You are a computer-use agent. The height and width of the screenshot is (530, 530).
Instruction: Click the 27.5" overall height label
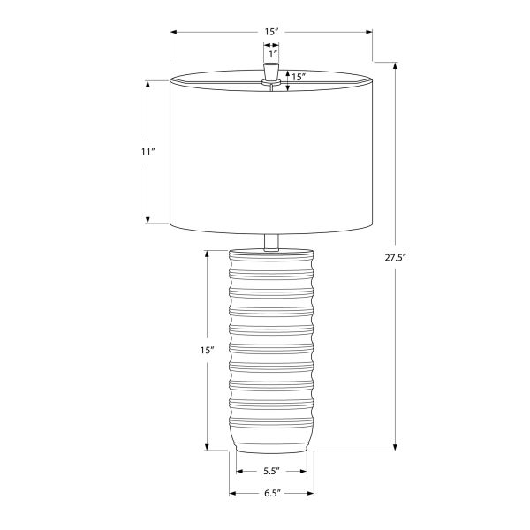(395, 258)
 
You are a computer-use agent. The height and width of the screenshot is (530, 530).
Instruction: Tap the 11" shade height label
(148, 152)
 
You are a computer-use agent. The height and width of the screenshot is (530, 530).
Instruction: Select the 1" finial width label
(273, 54)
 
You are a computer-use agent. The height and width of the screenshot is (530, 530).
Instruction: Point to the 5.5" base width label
(271, 471)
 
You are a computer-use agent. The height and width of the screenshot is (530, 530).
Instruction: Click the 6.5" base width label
(272, 493)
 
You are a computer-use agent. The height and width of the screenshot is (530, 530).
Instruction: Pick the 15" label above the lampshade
(271, 32)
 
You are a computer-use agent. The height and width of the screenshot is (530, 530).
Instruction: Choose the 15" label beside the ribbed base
(208, 350)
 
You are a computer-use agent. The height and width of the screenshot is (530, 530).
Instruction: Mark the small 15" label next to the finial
(299, 77)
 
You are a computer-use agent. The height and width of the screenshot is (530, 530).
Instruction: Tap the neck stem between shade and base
(271, 243)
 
